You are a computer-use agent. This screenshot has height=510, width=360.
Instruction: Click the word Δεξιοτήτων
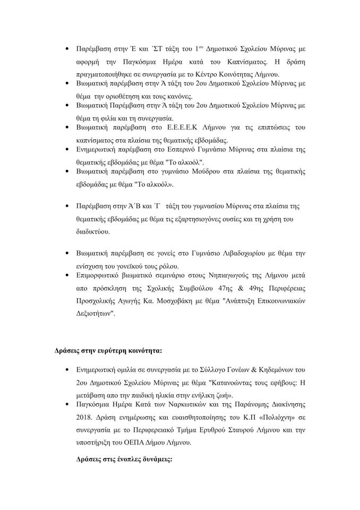tap(93, 313)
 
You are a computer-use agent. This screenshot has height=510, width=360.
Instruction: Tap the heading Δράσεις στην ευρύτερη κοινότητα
tap(109, 351)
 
